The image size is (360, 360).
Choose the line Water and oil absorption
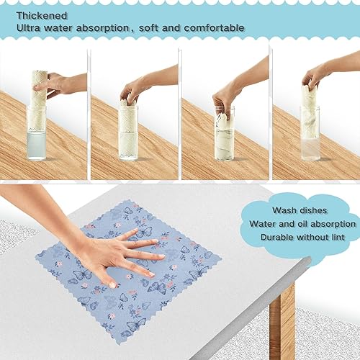(302, 223)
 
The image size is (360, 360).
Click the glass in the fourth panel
(310, 137)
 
